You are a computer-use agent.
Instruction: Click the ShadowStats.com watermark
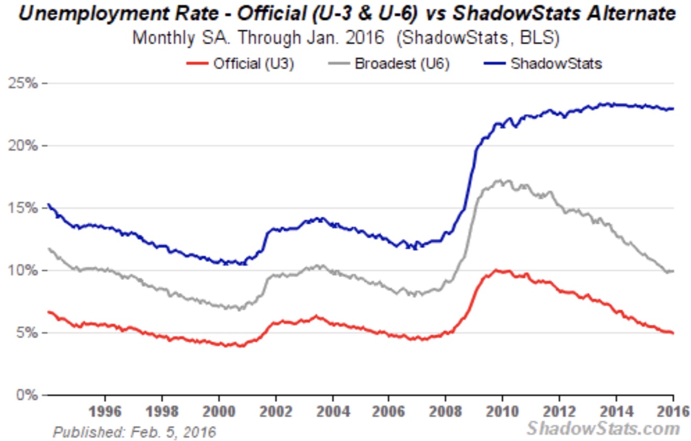click(x=603, y=428)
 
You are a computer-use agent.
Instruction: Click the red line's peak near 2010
click(x=497, y=270)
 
